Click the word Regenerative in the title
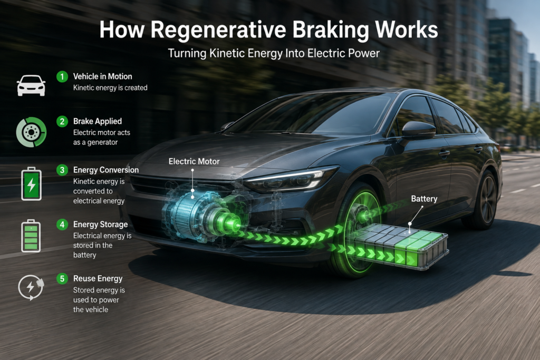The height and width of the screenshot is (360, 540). [x=218, y=30]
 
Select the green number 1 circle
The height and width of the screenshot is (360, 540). [x=62, y=76]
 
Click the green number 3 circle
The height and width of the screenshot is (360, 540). [x=62, y=170]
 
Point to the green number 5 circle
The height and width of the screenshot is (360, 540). [x=62, y=278]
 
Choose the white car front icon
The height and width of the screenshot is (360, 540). [x=31, y=85]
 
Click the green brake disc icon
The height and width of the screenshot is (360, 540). [x=31, y=132]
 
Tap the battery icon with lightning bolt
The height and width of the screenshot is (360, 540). [x=31, y=184]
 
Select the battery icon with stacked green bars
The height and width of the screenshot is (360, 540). [x=31, y=236]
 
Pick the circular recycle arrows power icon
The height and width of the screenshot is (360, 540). [x=31, y=287]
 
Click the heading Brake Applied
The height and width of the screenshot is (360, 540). [x=98, y=121]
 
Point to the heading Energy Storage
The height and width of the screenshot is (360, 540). [x=101, y=225]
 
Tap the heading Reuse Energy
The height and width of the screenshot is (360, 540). [x=98, y=279]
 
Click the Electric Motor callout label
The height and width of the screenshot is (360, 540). [x=194, y=161]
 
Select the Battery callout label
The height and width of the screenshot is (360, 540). [x=424, y=199]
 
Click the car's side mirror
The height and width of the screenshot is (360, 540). [x=418, y=131]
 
